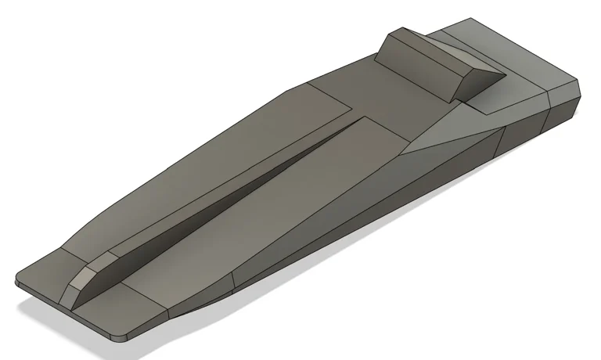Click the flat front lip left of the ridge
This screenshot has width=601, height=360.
coord(43,270)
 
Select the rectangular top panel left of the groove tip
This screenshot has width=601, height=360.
coord(329,98)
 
